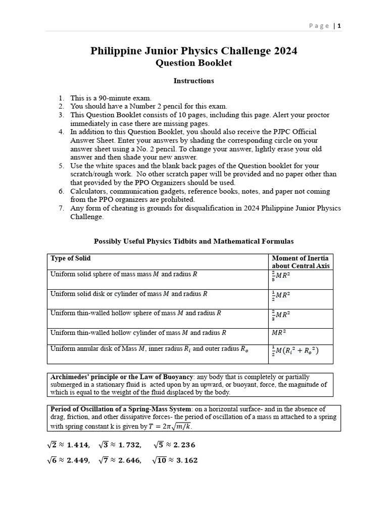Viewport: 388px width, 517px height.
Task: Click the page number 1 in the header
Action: [339, 26]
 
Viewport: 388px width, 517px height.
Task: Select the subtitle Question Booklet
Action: [193, 63]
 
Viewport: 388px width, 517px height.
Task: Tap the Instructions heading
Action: [193, 81]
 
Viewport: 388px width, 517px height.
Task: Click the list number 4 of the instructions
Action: [61, 132]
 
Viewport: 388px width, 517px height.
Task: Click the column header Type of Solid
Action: [71, 258]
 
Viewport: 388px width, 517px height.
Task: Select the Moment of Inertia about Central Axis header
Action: [301, 262]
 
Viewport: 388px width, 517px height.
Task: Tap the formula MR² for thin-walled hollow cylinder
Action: [279, 333]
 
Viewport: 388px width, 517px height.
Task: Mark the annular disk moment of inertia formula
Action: [296, 351]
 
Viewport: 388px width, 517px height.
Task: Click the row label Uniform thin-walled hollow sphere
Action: [136, 313]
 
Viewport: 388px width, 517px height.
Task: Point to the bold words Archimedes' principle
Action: [86, 377]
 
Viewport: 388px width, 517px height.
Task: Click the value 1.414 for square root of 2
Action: [78, 445]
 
